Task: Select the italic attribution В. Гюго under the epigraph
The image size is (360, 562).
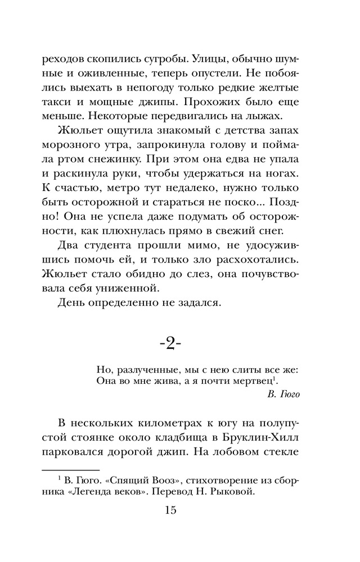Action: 284,393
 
